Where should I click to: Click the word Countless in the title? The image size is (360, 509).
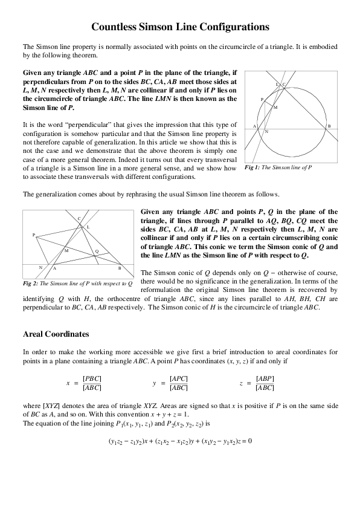point(116,27)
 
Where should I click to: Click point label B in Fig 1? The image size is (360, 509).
point(329,125)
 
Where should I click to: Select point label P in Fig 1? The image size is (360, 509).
point(262,99)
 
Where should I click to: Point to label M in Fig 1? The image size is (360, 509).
point(275,107)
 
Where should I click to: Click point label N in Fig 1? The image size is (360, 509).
point(266,131)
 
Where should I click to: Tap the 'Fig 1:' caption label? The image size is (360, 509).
point(252,166)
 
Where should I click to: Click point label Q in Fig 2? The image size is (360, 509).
point(97,251)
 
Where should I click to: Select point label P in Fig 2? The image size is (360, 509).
point(34,235)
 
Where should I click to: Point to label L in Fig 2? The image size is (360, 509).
point(88,227)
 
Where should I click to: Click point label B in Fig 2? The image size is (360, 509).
point(120,267)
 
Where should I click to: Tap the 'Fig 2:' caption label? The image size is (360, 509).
point(30,283)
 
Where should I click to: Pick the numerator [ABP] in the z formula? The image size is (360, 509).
point(265,378)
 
